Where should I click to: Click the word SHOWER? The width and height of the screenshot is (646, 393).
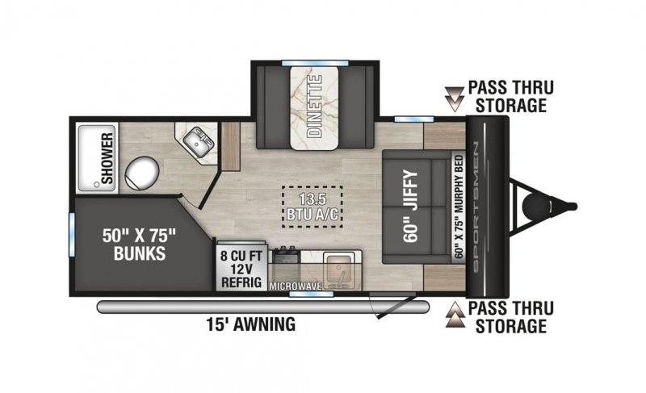(x=107, y=158)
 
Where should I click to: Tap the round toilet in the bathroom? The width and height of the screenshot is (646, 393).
(x=142, y=174)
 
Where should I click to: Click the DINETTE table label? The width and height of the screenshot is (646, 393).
(x=314, y=106)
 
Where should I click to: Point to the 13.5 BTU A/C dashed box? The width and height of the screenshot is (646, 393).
(x=313, y=207)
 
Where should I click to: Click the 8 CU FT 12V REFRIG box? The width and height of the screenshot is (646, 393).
(x=241, y=266)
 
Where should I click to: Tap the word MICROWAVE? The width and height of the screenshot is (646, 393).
(x=295, y=286)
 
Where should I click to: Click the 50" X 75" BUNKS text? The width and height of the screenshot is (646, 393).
(x=139, y=245)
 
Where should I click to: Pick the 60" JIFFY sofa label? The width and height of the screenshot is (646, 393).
(x=411, y=206)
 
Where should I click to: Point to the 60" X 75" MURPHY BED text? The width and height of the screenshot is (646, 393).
(x=459, y=207)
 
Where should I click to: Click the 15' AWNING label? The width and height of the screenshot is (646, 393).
(x=251, y=324)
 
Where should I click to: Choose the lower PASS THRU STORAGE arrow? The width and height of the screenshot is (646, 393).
(x=455, y=315)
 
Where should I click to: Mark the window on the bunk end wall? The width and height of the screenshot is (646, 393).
(x=72, y=234)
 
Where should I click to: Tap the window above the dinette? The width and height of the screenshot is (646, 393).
(x=315, y=63)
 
